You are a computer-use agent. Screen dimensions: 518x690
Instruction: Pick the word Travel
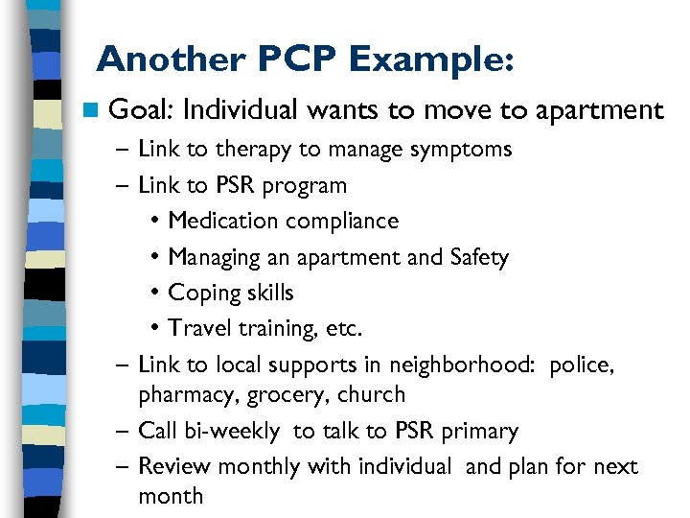click(196, 329)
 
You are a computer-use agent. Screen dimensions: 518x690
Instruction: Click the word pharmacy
click(179, 395)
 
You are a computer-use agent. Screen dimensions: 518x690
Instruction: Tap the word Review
click(174, 466)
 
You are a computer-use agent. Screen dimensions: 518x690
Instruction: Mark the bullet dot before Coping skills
click(155, 294)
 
